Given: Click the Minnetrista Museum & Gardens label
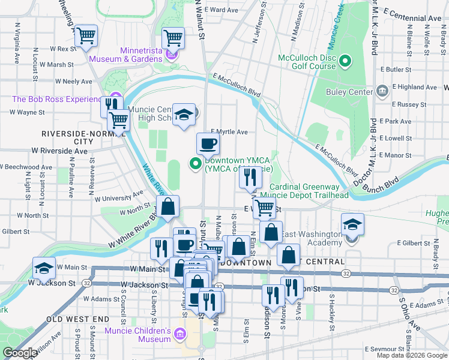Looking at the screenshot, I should click(125, 55).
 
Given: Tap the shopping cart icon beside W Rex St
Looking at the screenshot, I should click(86, 35).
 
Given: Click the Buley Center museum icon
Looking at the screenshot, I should click(382, 91).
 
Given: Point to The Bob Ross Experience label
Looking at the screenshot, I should click(58, 99).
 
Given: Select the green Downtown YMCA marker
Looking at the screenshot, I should click(195, 163).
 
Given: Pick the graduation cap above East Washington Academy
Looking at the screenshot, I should click(352, 224).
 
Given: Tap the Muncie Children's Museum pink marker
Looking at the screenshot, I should click(179, 334).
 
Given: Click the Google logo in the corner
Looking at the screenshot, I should click(20, 353).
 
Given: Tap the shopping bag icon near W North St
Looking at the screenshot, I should click(169, 208).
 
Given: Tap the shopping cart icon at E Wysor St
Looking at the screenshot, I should click(264, 208).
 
